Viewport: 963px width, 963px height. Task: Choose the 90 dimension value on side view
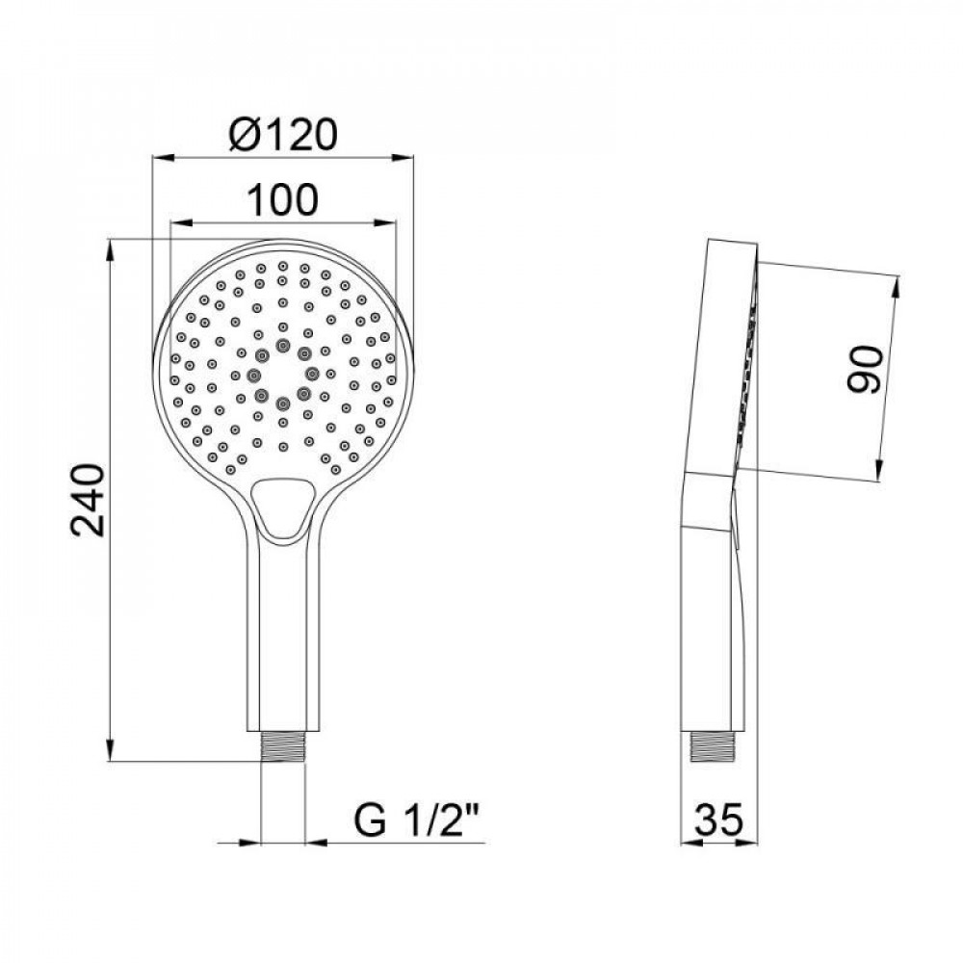tap(864, 369)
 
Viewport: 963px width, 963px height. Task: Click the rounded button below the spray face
tap(282, 505)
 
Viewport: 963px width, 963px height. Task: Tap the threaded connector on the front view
tap(283, 747)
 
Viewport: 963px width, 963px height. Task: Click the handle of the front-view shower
tap(283, 636)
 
